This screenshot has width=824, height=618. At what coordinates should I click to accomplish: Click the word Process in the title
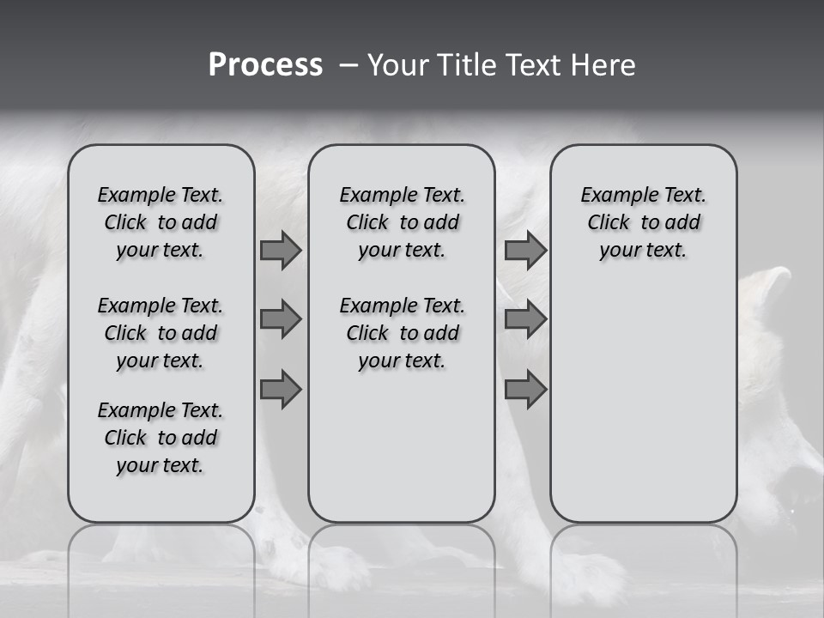coord(265,65)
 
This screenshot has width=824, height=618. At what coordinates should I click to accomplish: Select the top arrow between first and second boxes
coord(281,250)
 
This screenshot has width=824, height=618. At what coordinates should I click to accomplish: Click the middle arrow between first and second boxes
coord(281,319)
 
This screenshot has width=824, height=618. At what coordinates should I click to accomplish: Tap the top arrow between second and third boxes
coord(525,250)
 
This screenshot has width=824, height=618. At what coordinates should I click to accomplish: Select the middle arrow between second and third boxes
coord(525,319)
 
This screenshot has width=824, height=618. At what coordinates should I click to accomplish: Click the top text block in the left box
coord(161,222)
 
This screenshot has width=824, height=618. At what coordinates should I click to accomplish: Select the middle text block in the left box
coord(161,333)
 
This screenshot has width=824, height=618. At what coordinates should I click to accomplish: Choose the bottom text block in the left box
coord(161,438)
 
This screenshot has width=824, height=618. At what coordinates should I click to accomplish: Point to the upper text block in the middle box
coord(402,222)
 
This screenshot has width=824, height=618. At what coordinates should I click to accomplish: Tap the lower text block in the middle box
coord(402,333)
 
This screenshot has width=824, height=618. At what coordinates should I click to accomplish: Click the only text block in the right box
coord(643,222)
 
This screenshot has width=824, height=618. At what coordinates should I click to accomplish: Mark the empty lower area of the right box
coord(643,403)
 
